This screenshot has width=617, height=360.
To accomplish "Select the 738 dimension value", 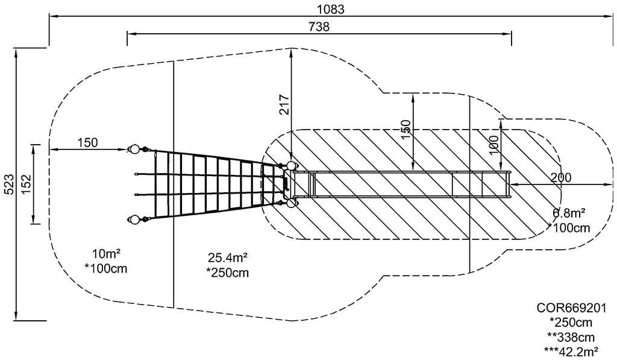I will (319, 27).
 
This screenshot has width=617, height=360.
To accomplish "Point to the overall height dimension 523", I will (8, 183).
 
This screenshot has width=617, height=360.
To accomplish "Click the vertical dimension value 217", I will (284, 106).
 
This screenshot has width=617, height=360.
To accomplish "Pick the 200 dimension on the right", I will (561, 177).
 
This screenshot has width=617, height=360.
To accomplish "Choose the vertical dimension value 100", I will (493, 145).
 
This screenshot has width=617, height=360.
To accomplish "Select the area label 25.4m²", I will (227, 258).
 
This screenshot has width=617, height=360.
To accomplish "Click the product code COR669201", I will (571, 308).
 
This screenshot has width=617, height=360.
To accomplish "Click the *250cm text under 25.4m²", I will (227, 273).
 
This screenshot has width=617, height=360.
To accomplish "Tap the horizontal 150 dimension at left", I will (87, 142).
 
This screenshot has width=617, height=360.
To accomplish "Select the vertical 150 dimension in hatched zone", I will (406, 129).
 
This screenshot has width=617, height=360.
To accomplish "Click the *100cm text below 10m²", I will (106, 268).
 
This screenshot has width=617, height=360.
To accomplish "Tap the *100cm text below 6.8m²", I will (569, 227).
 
